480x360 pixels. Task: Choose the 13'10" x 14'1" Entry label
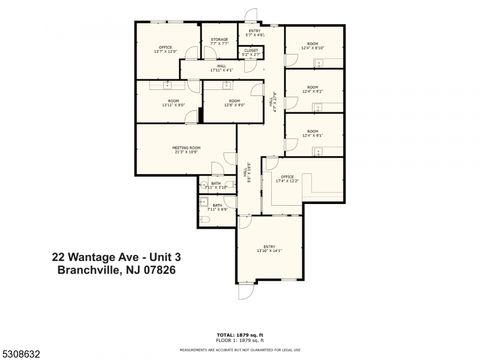pyautogui.click(x=268, y=247)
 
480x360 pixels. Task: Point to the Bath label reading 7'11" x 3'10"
pyautogui.click(x=217, y=185)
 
